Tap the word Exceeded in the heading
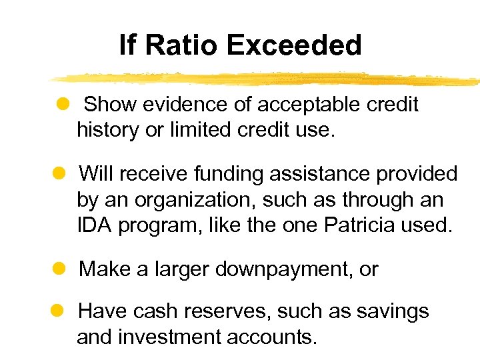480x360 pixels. pyautogui.click(x=294, y=45)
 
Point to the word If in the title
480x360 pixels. pyautogui.click(x=127, y=45)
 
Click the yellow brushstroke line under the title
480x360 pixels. pyautogui.click(x=267, y=78)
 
